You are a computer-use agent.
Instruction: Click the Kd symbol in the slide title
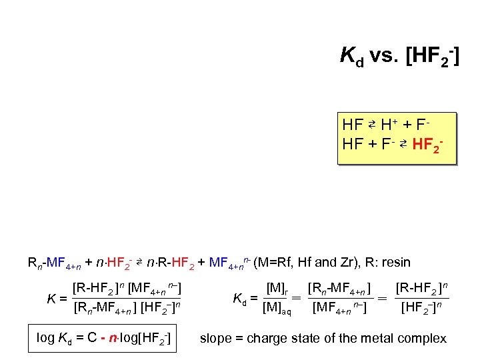point(352,57)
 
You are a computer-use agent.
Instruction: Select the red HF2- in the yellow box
point(428,144)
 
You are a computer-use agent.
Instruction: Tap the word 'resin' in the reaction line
point(395,263)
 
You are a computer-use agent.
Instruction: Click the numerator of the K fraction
point(127,289)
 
